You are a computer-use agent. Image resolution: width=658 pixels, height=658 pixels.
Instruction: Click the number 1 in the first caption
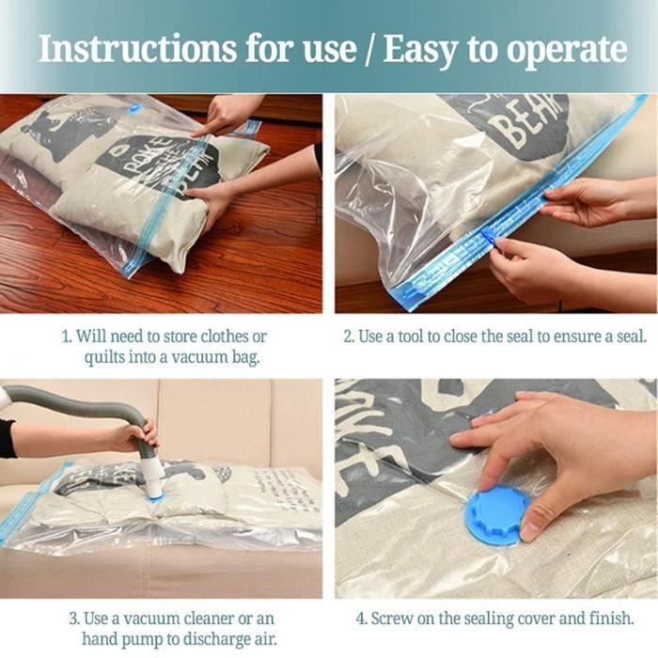(65, 337)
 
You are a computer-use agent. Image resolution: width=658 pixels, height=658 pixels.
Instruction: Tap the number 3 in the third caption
(72, 619)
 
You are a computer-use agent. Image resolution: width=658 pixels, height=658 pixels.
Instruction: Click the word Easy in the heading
(420, 50)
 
